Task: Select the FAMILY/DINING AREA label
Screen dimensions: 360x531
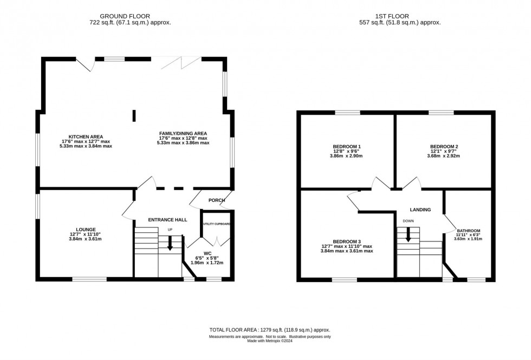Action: click(183, 134)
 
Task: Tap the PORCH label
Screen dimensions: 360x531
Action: click(217, 200)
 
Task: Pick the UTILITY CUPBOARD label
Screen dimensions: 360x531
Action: click(217, 224)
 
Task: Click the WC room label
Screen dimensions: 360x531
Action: click(207, 253)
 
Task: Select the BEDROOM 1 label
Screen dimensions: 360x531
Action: click(347, 146)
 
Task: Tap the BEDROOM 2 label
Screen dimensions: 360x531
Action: click(444, 146)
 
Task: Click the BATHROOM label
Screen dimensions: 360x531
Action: click(468, 230)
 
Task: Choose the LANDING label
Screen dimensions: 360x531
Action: click(420, 210)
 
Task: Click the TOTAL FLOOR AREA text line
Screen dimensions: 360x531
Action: click(269, 330)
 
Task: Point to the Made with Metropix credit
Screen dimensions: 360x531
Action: click(269, 341)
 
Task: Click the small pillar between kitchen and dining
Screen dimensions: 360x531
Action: click(134, 116)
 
